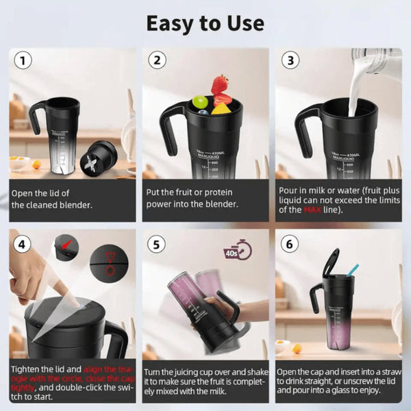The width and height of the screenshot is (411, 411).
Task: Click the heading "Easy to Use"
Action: point(205,23)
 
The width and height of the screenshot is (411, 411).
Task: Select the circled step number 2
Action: point(158,60)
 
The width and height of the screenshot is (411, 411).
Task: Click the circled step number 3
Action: point(291,60)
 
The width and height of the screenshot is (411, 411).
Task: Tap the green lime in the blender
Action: point(200,102)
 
